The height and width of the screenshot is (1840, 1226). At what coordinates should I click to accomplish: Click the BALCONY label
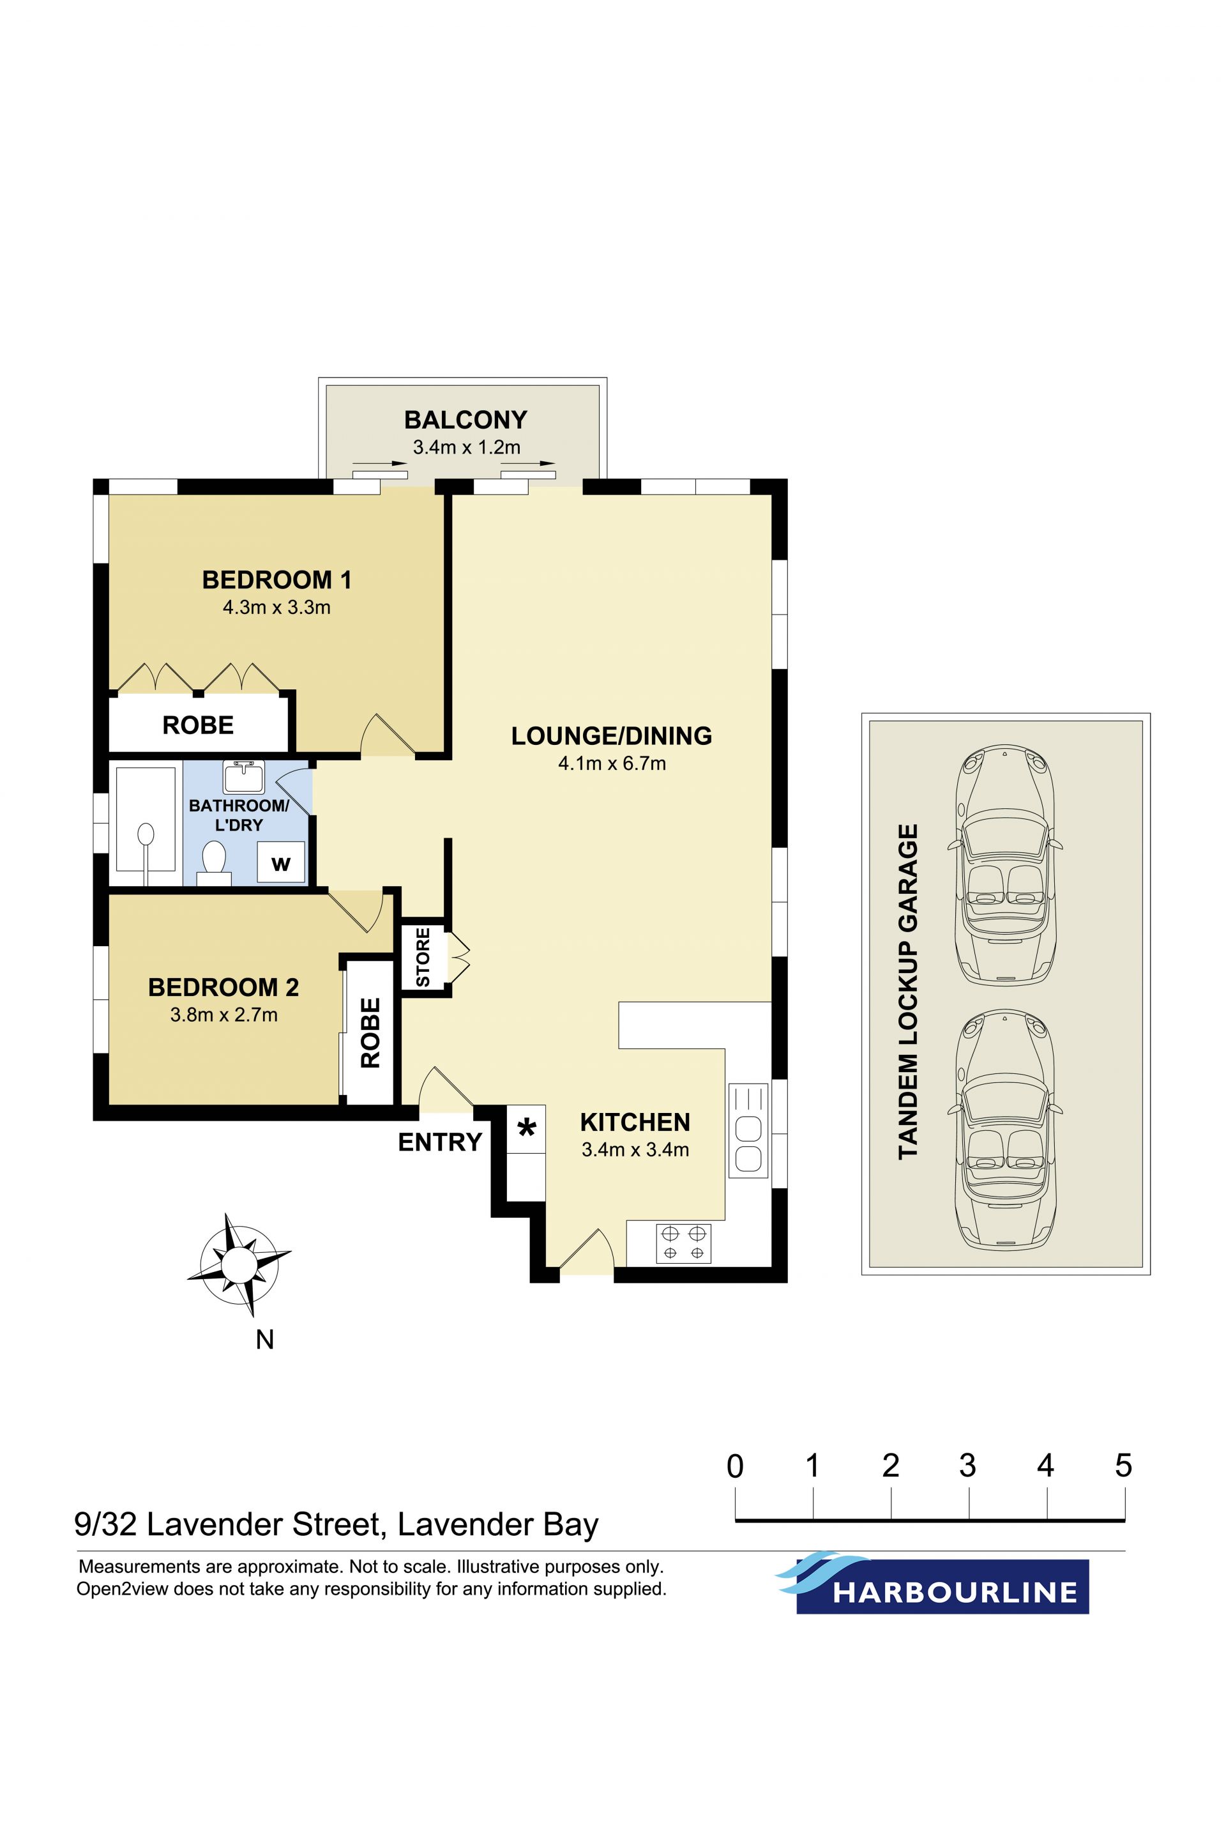[465, 420]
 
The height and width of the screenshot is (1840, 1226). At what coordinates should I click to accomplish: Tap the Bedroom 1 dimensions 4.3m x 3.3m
[276, 607]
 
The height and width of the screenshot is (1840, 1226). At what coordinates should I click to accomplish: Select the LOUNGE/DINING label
[612, 735]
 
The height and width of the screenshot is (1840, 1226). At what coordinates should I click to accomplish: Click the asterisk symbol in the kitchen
[527, 1128]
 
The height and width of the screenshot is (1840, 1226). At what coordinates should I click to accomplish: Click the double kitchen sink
[748, 1130]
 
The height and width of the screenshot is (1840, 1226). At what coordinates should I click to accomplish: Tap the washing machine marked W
[281, 863]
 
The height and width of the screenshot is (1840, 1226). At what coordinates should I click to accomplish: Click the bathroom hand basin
[244, 776]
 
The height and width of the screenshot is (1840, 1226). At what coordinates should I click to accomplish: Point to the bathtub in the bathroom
[146, 819]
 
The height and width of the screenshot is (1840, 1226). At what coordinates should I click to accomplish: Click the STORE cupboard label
[423, 958]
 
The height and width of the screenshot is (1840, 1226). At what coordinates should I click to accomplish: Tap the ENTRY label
[439, 1142]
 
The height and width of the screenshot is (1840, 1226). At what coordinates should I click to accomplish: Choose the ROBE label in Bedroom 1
[198, 725]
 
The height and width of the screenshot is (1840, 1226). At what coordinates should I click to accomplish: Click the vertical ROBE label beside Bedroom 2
[370, 1032]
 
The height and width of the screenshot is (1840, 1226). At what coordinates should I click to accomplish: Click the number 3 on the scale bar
[968, 1465]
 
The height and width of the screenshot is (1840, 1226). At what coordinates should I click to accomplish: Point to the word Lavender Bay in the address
[498, 1526]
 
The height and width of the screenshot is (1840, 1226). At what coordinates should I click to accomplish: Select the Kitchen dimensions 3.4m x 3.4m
[635, 1150]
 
